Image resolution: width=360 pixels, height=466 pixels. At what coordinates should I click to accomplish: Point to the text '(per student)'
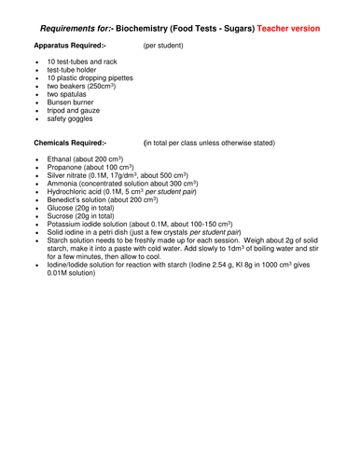click(163, 45)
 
